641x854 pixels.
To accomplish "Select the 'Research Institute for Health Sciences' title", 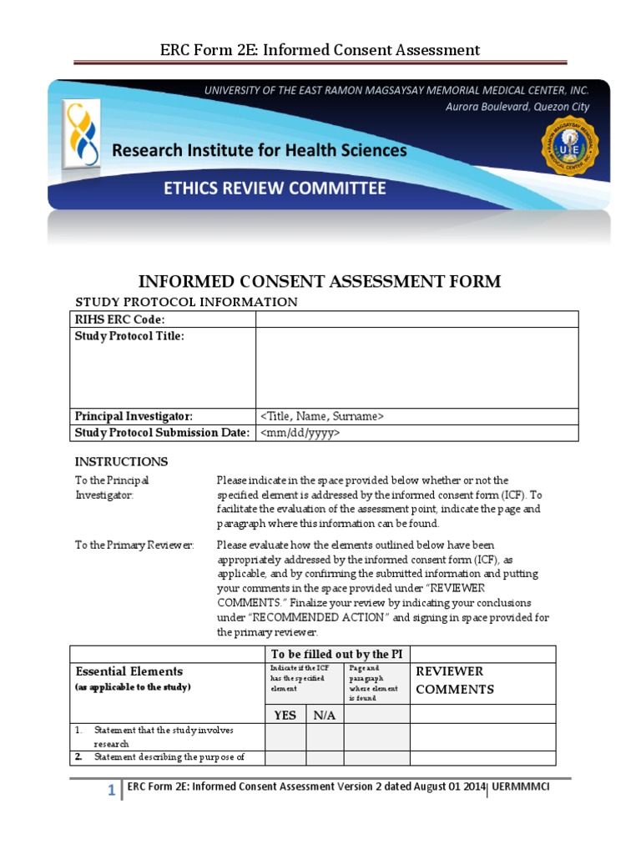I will [260, 151].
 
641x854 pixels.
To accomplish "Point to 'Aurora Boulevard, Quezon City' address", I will [517, 107].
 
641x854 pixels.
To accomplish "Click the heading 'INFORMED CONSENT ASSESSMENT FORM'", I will [320, 281].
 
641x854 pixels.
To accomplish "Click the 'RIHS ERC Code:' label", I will [120, 319].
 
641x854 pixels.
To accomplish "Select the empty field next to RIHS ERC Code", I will [416, 319].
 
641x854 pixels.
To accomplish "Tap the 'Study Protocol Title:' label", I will [129, 336].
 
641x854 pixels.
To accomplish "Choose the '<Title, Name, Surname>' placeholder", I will [322, 416].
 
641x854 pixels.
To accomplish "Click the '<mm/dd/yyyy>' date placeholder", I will [300, 433].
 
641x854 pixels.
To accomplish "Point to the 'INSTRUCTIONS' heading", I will [121, 461].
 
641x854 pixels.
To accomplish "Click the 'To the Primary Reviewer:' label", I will [134, 545].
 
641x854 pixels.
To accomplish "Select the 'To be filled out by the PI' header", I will [337, 654].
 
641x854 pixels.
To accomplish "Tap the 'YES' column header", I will [285, 715].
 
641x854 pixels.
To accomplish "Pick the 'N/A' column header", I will [325, 715].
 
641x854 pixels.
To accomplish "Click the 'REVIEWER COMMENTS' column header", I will [456, 681].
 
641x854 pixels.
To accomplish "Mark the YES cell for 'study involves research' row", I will [285, 736].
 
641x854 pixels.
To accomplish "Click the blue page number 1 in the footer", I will [110, 791].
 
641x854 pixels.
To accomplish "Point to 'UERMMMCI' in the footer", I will [521, 786].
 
